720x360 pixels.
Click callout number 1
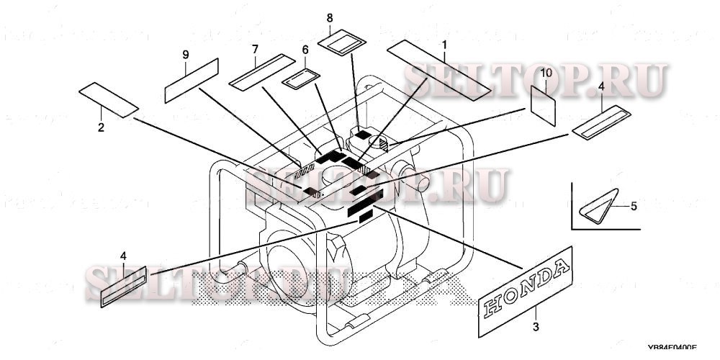[x=444, y=45]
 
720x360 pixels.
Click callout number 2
[x=101, y=128]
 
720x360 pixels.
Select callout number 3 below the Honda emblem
[x=535, y=328]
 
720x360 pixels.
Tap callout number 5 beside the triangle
[x=634, y=206]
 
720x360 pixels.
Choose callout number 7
[x=255, y=48]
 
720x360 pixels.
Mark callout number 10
[x=544, y=73]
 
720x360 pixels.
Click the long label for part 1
[x=438, y=69]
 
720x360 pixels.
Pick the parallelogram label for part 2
[x=108, y=99]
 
